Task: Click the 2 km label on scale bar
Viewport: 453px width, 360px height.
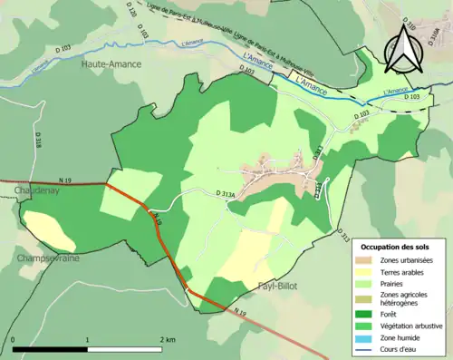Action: point(166,339)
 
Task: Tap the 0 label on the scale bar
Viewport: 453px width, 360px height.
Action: point(14,339)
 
